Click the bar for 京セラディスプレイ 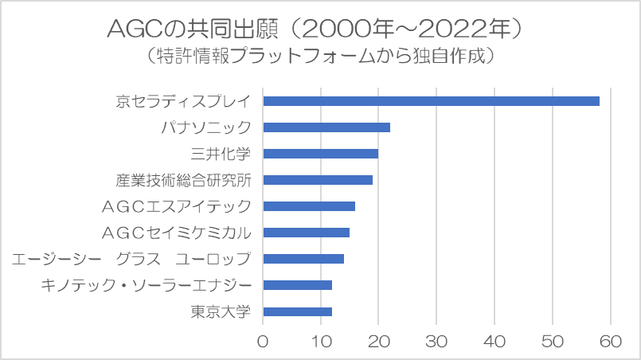(431, 101)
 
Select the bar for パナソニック (326, 127)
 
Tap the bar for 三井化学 (321, 154)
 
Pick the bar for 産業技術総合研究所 (318, 180)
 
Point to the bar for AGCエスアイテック (309, 206)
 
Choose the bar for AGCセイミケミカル (307, 233)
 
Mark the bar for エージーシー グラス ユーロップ (303, 259)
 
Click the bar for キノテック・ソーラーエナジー (298, 285)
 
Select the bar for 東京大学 (298, 311)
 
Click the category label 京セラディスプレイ (183, 101)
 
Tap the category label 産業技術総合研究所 (183, 180)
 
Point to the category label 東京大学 (221, 311)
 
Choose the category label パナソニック (205, 127)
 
